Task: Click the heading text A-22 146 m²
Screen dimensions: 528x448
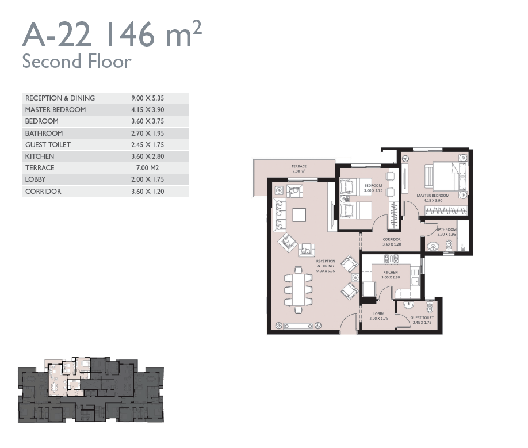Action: pos(112,34)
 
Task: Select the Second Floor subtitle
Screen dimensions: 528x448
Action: pos(76,62)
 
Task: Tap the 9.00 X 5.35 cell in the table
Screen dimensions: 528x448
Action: pos(147,98)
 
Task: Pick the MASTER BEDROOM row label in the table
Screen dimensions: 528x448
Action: pos(56,110)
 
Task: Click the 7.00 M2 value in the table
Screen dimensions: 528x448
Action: pos(147,167)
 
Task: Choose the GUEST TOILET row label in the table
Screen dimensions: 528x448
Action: pos(48,145)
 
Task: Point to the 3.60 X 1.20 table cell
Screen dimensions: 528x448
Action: pos(147,191)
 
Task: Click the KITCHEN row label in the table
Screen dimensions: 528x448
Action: pos(39,156)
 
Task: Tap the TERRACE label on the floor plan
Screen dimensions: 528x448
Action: pos(299,166)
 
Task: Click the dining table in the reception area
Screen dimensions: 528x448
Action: pos(299,290)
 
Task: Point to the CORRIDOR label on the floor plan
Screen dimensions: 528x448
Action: pos(392,239)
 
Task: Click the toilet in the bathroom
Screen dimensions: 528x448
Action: pos(449,246)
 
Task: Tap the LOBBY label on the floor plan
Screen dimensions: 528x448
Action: pos(378,313)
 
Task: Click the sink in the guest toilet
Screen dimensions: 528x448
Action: pos(409,305)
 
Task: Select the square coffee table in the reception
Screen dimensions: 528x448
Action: pos(299,215)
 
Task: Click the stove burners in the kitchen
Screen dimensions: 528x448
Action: pos(391,258)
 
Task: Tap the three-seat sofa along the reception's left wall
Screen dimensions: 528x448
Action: pos(279,215)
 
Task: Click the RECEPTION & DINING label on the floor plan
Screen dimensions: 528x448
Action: pos(326,263)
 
